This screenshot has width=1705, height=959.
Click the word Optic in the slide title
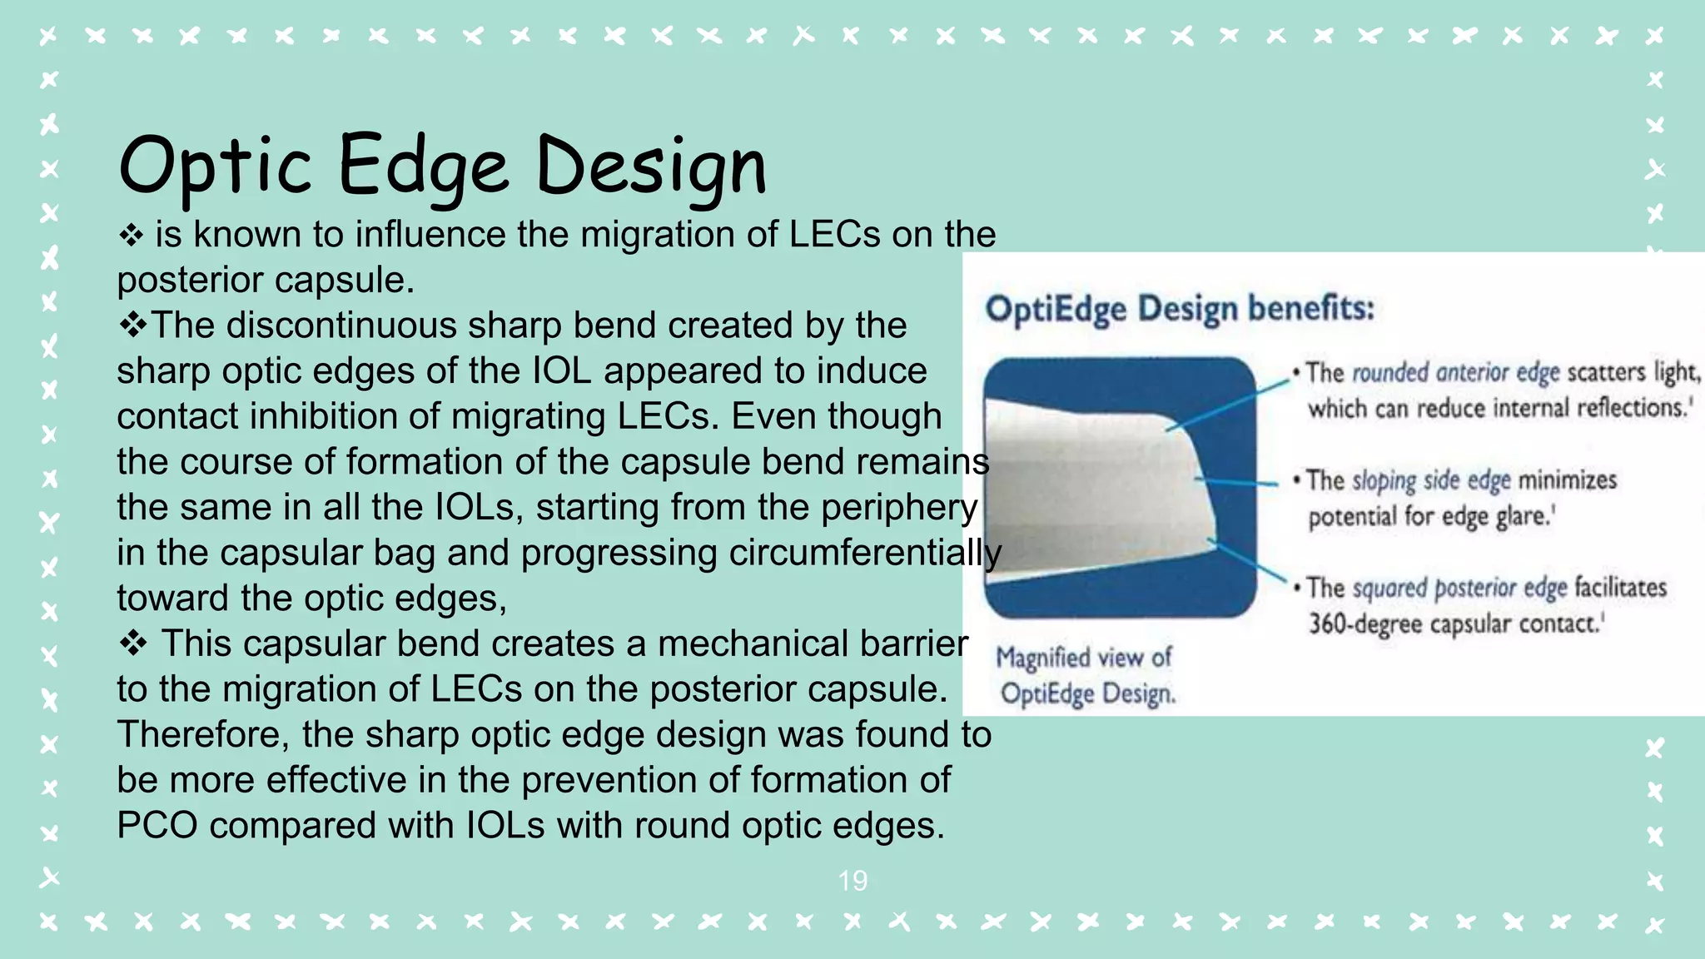[x=215, y=166]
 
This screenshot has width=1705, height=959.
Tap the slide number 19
[x=852, y=881]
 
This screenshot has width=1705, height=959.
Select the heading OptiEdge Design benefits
[x=1179, y=309]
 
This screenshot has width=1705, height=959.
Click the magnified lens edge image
[x=1119, y=487]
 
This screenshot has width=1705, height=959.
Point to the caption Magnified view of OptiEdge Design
[x=1086, y=675]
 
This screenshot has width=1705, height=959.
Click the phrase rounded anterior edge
[x=1455, y=372]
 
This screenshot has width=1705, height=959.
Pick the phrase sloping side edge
[x=1430, y=480]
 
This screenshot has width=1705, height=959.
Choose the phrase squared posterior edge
[x=1459, y=588]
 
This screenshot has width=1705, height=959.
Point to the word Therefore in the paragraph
[x=203, y=735]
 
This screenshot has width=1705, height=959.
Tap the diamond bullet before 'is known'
[x=131, y=236]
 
